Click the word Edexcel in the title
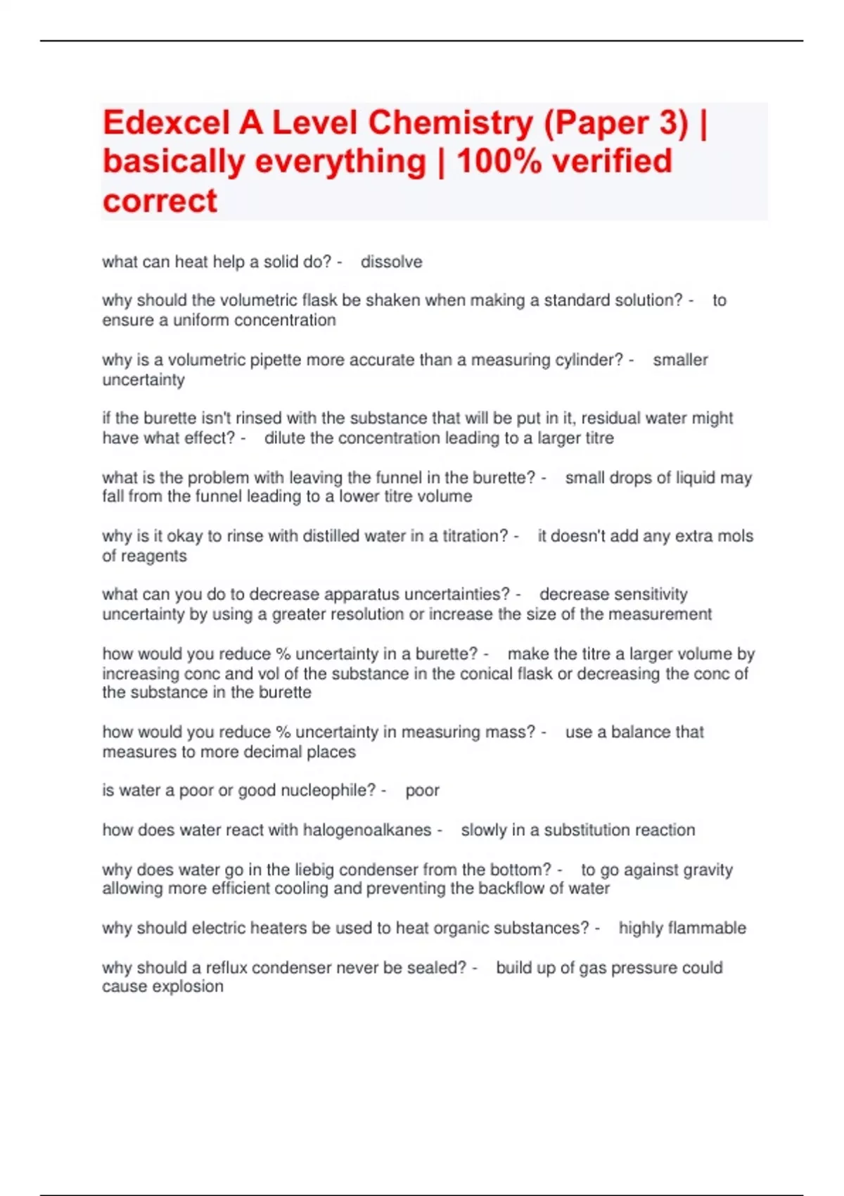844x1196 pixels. click(166, 123)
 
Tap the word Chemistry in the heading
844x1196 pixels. click(451, 123)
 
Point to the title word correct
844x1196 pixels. click(160, 201)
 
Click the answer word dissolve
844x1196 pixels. click(392, 262)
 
